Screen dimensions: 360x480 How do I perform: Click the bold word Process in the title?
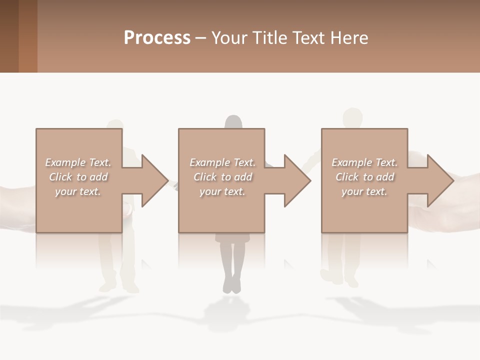pos(157,38)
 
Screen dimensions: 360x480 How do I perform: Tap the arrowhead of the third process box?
pos(439,180)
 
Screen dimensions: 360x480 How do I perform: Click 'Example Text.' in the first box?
pos(78,162)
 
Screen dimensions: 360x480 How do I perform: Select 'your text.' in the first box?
pos(78,191)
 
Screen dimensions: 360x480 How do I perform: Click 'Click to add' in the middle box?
pos(222,177)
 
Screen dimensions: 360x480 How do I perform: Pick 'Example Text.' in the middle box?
pos(222,162)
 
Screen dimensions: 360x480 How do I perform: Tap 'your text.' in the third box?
pos(364,191)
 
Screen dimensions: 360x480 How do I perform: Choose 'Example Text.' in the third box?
pos(364,162)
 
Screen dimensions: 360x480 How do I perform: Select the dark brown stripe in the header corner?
pos(9,36)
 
